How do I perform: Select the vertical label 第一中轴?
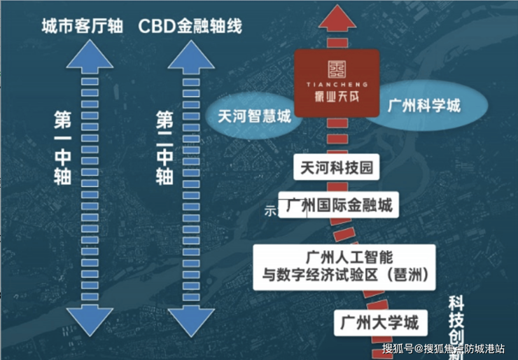(62, 147)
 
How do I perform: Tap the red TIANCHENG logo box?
(333, 83)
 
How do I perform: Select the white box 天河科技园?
(334, 169)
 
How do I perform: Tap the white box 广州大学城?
(379, 323)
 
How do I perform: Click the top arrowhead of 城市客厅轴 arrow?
(86, 55)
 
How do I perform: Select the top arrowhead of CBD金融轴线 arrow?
(190, 55)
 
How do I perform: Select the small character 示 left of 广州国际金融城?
(269, 209)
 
